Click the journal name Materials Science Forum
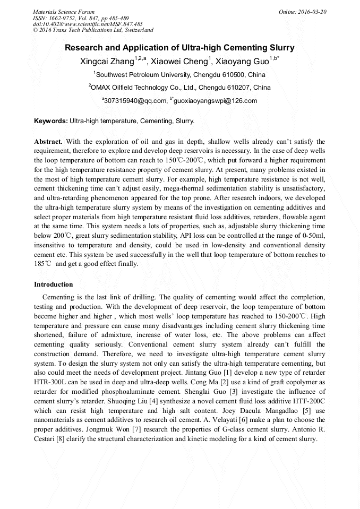[x=64, y=11]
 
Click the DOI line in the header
[x=88, y=24]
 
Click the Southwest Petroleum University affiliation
[x=180, y=74]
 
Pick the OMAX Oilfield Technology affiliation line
[x=180, y=87]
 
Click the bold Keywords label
[x=51, y=121]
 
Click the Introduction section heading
[x=54, y=284]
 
